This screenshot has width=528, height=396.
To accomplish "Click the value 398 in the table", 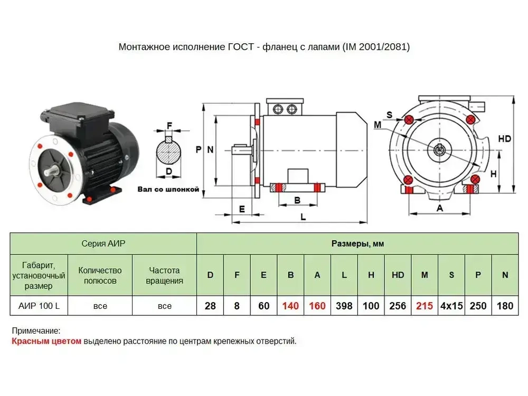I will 344,306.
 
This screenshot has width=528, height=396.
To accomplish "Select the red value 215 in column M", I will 424,306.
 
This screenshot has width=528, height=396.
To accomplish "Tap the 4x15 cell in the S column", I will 451,306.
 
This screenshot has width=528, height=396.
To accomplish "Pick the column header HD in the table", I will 398,275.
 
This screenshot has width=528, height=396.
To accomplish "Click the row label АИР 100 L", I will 39,306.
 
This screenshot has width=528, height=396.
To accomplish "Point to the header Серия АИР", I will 103,244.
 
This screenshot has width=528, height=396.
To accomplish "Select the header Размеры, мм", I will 357,244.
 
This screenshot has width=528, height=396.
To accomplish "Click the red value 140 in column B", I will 290,306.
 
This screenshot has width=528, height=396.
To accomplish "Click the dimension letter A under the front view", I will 439,208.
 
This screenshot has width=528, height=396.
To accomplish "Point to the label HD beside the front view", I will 504,139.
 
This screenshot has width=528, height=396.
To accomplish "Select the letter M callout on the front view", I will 377,125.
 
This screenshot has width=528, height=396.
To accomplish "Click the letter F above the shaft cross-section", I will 169,126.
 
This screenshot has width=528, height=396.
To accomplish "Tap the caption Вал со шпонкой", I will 168,188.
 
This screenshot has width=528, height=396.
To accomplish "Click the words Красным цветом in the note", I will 46,341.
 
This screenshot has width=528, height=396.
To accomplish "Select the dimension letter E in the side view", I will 242,209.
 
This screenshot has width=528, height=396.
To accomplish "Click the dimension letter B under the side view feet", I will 297,200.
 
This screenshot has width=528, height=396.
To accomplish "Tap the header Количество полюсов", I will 100,275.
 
